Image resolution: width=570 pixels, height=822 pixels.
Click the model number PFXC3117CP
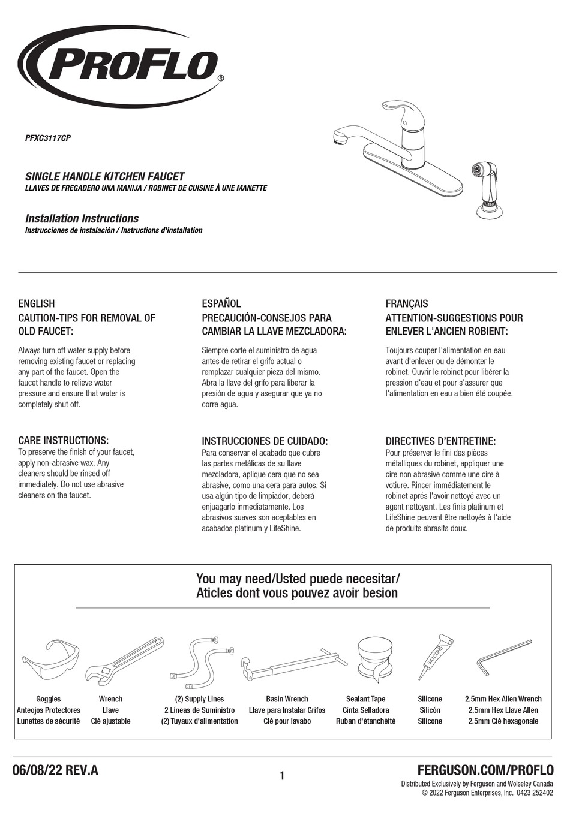click(x=48, y=138)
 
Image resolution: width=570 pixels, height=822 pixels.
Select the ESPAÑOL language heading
click(x=221, y=303)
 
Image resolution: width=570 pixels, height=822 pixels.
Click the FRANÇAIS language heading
click(x=407, y=303)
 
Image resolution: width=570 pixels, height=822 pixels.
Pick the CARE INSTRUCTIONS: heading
click(x=63, y=441)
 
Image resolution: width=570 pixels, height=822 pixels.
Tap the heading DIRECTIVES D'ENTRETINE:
click(x=440, y=441)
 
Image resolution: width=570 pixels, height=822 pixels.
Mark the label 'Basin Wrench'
click(x=287, y=699)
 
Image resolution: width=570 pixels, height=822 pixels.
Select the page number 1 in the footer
click(x=282, y=776)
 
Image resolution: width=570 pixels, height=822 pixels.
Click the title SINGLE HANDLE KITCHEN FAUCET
click(x=104, y=177)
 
